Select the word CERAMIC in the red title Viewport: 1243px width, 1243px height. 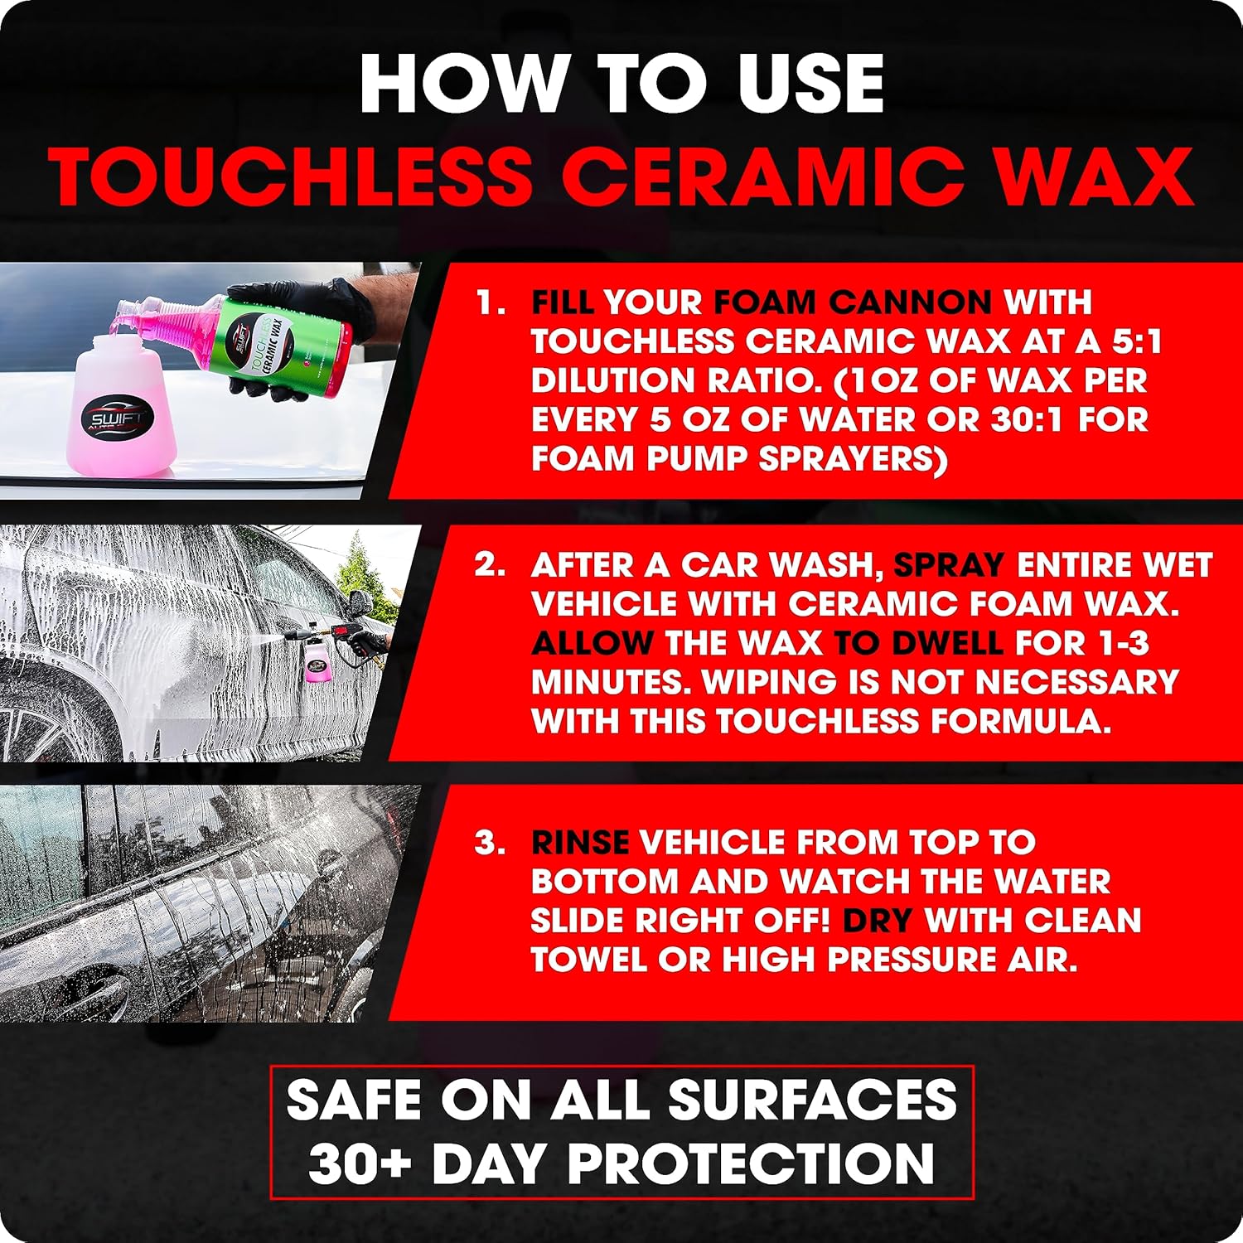[767, 177]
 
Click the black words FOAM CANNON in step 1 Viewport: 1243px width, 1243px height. [853, 302]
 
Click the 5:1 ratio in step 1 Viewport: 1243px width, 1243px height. [1126, 341]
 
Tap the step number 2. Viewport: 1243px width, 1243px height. [490, 565]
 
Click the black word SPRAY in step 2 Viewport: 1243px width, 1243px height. [950, 565]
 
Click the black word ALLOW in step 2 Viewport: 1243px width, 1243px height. [592, 643]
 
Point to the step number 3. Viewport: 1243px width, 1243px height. [490, 842]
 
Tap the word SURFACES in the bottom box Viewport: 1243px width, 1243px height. [812, 1100]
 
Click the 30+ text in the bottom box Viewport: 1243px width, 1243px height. [360, 1163]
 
